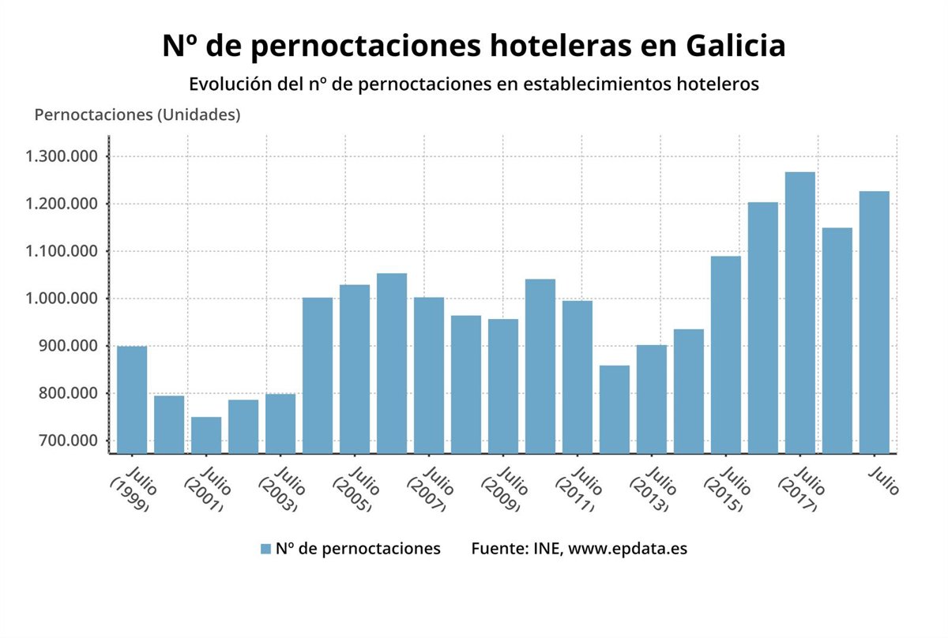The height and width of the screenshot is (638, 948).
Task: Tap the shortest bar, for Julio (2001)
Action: point(205,434)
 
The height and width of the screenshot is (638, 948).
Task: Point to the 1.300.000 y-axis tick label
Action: point(62,156)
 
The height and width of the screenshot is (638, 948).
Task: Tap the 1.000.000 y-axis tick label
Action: point(62,298)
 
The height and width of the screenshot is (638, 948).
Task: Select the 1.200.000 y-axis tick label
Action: point(62,204)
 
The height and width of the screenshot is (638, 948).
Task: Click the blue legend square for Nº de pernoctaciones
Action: point(265,549)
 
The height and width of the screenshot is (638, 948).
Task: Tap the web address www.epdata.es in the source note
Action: point(628,548)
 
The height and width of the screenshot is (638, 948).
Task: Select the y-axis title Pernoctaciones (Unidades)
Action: point(137,114)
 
